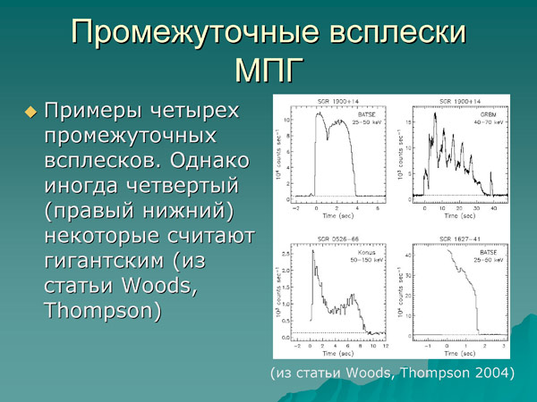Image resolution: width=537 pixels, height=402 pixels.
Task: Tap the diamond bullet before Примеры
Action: coord(31,113)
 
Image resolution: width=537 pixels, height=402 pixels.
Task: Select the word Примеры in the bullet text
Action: coord(93,113)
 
